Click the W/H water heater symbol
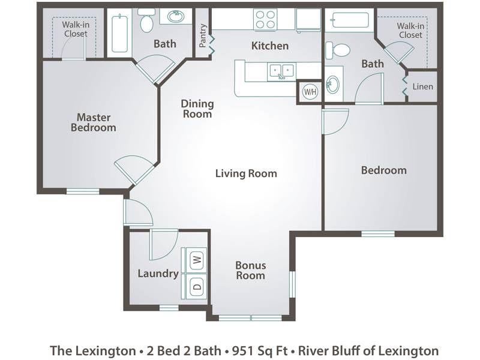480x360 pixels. pyautogui.click(x=310, y=92)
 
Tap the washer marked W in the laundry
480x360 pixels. pyautogui.click(x=196, y=260)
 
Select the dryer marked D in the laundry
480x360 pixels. pyautogui.click(x=196, y=287)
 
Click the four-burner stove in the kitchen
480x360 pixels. pyautogui.click(x=265, y=19)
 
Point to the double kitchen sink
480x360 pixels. pyautogui.click(x=281, y=71)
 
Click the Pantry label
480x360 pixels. pyautogui.click(x=202, y=36)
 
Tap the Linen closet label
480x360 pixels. pyautogui.click(x=423, y=86)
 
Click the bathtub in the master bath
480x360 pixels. pyautogui.click(x=119, y=34)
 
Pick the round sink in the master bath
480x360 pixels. pyautogui.click(x=175, y=16)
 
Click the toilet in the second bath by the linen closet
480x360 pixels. pyautogui.click(x=337, y=50)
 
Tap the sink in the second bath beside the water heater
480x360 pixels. pyautogui.click(x=333, y=84)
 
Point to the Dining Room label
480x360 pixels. pyautogui.click(x=197, y=109)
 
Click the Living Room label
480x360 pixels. pyautogui.click(x=246, y=173)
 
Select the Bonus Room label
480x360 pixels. pyautogui.click(x=250, y=271)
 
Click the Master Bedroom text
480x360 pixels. pyautogui.click(x=94, y=122)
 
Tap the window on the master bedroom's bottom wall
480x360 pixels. pyautogui.click(x=83, y=191)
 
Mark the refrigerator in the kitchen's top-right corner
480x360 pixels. pyautogui.click(x=308, y=19)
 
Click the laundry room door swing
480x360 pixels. pyautogui.click(x=163, y=244)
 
